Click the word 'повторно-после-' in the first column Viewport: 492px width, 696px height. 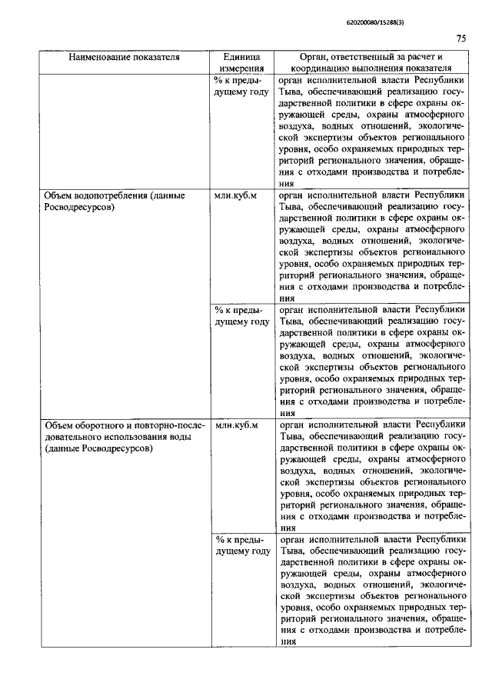tap(169, 425)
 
